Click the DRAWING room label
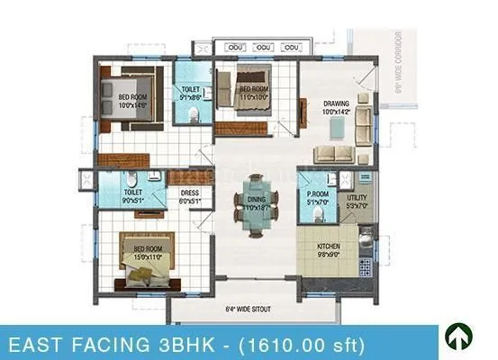[x=336, y=105]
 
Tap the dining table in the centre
[x=252, y=212]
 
